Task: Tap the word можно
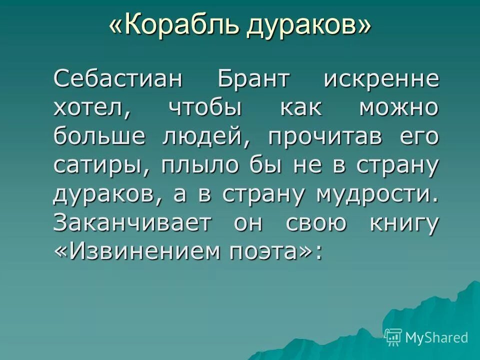(x=399, y=109)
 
